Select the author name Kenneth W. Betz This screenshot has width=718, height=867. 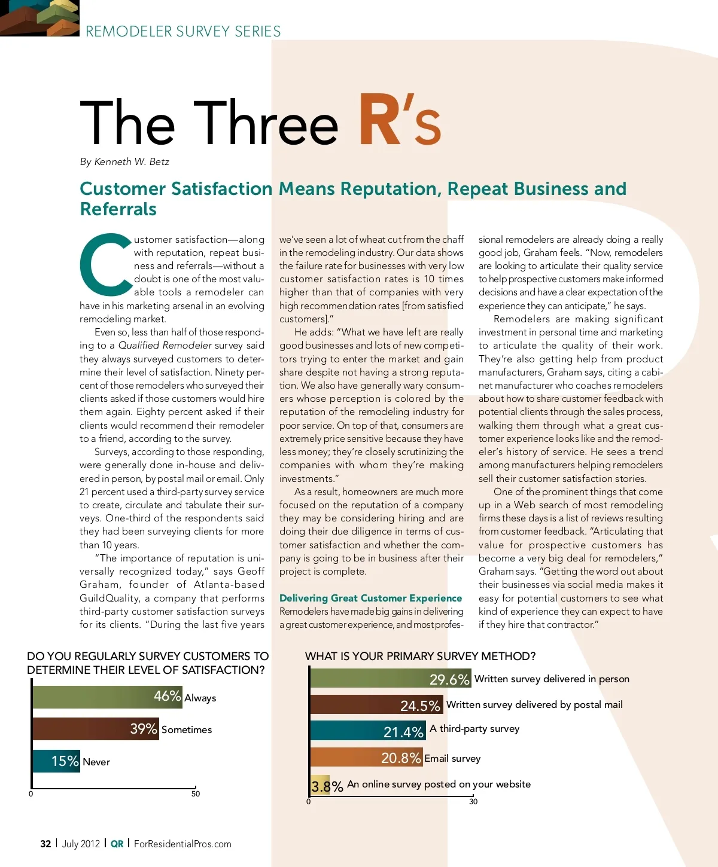[132, 162]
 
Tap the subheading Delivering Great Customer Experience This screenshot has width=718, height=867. [370, 598]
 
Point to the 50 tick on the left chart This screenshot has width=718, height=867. [196, 793]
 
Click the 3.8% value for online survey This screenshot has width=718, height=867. [327, 786]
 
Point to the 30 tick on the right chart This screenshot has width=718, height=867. [473, 801]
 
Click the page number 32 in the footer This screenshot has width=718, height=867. [45, 844]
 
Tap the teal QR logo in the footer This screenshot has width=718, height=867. [117, 844]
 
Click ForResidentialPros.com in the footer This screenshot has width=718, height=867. [182, 844]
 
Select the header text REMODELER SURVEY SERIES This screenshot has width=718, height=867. [183, 31]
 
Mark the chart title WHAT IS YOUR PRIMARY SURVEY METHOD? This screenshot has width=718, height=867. [420, 656]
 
